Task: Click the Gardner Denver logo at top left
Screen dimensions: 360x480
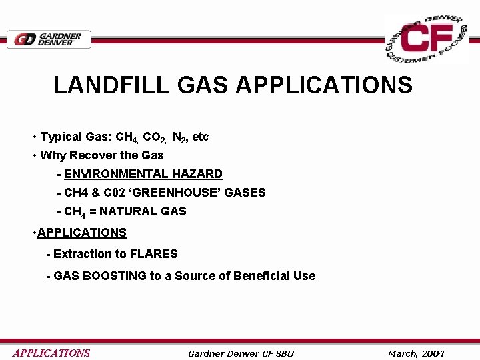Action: click(x=49, y=39)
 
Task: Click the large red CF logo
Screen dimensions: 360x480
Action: click(x=427, y=39)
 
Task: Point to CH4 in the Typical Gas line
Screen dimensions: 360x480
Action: click(x=127, y=137)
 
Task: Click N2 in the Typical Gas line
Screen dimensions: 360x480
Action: click(x=179, y=137)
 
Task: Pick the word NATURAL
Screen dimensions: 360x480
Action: click(x=127, y=211)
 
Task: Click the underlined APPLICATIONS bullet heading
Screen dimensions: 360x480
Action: click(x=82, y=233)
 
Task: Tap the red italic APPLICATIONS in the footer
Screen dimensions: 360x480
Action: click(x=51, y=353)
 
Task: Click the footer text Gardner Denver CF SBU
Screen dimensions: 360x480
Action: click(x=241, y=353)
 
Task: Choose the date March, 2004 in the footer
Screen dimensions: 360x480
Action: click(x=416, y=353)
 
